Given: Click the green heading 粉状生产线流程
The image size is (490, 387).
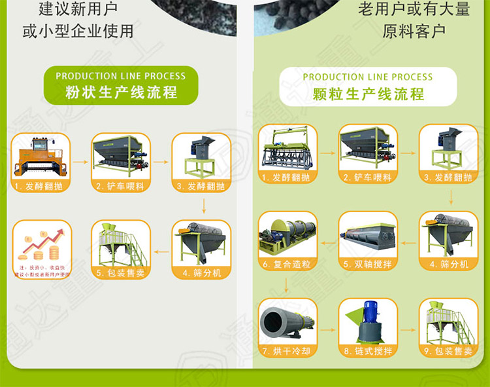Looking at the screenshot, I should [x=122, y=92].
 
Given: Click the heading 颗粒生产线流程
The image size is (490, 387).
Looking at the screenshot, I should [x=368, y=94].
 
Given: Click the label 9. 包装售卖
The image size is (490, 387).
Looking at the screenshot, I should [x=448, y=352].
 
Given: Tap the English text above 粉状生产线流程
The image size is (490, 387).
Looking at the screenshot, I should [x=120, y=76].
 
